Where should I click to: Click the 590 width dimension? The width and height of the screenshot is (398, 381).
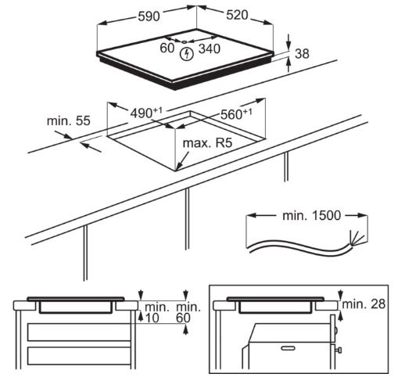[149, 16]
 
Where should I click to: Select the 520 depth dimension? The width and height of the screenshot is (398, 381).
[237, 15]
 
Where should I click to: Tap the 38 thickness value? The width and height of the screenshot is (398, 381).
[302, 54]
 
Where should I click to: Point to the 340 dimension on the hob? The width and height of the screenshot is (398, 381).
[210, 49]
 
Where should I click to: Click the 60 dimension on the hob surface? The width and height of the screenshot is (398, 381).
[167, 48]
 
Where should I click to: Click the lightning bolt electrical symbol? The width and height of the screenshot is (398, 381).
[187, 55]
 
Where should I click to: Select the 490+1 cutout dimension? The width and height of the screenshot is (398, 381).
[146, 113]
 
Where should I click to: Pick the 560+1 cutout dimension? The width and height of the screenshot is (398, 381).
[236, 113]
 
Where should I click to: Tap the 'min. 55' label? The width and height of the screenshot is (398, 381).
[69, 120]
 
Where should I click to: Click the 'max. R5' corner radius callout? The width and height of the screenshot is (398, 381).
[207, 143]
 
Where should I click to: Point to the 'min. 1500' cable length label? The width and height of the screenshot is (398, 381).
[311, 215]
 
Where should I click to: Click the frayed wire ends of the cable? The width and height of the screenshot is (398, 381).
[358, 239]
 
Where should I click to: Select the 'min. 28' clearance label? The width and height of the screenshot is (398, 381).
[364, 304]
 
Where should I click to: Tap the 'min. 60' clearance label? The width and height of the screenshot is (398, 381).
[188, 313]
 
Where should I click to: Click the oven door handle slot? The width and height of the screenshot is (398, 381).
[289, 348]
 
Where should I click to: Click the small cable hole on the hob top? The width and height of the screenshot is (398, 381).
[184, 41]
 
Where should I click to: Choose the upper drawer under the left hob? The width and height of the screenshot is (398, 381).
[79, 332]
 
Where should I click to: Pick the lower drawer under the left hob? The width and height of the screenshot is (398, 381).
[79, 356]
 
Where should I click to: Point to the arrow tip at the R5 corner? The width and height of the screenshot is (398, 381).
[176, 170]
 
